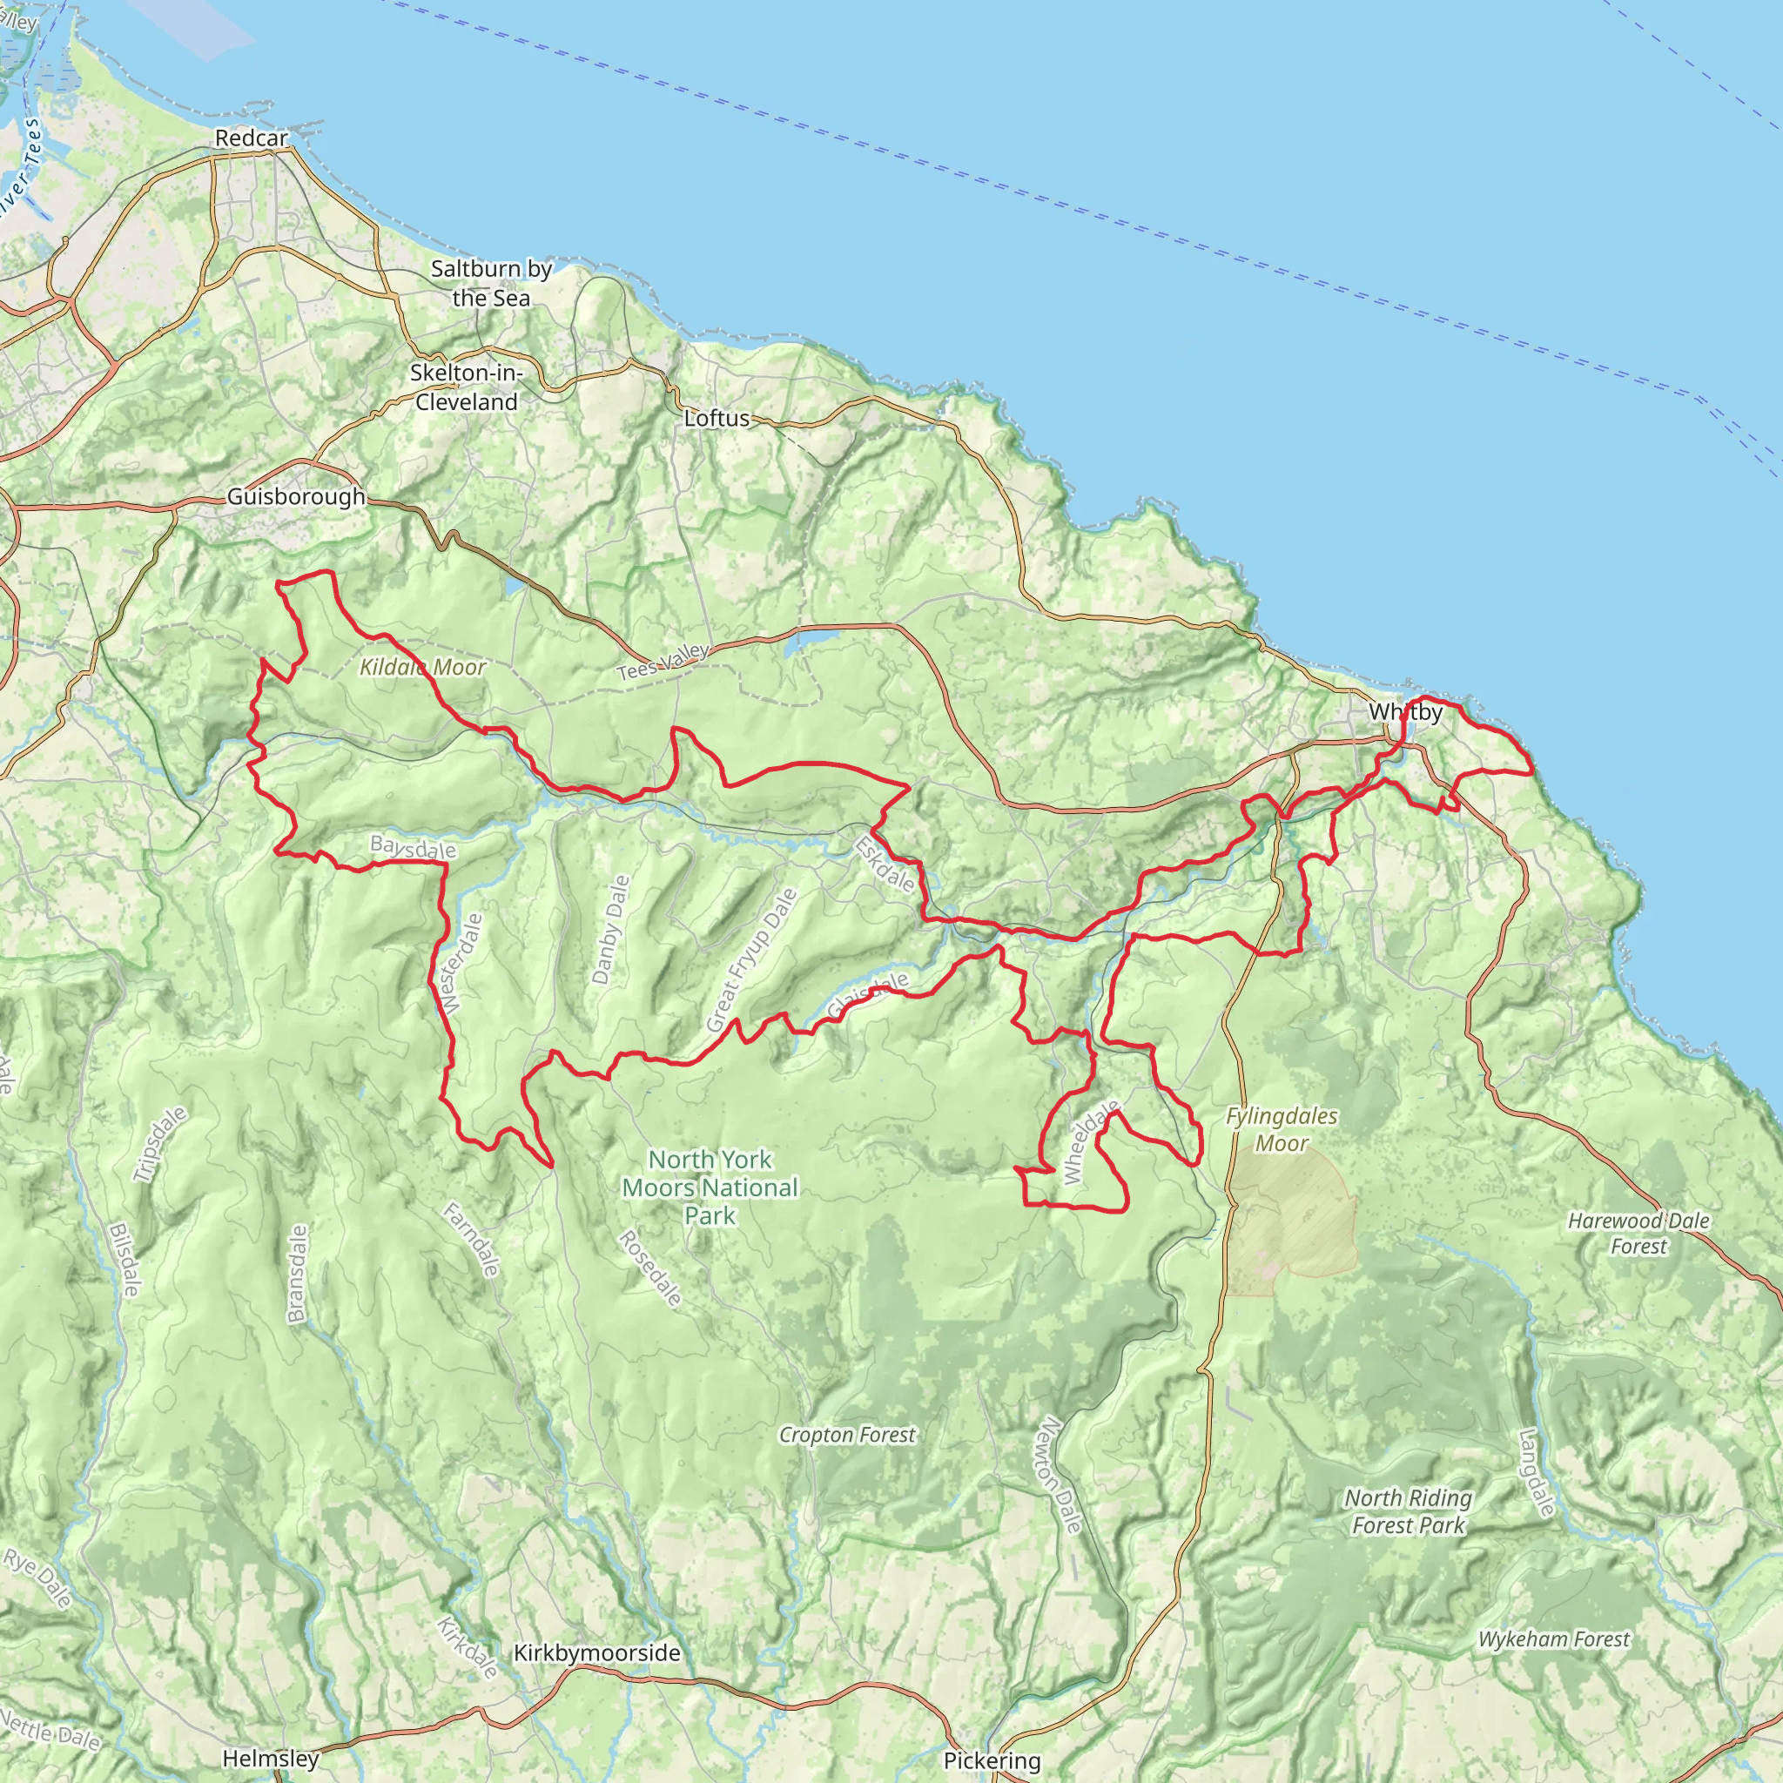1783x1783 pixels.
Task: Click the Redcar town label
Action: tap(251, 138)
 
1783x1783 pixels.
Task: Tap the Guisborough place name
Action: tap(296, 496)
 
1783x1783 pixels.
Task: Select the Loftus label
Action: tap(717, 418)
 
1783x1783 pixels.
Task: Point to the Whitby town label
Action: tap(1404, 711)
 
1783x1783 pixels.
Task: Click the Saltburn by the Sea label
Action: tap(491, 283)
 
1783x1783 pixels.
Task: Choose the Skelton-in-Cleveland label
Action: tap(466, 387)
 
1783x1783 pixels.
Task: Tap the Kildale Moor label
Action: tap(422, 666)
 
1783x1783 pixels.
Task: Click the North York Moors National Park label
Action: tap(710, 1187)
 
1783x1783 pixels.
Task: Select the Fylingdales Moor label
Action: tap(1281, 1129)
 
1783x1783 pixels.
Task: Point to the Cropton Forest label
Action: tap(847, 1434)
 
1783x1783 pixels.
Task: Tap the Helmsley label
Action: tap(271, 1758)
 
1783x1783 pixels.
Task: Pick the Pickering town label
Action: tap(992, 1761)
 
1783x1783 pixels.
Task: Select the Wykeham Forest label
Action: tap(1554, 1639)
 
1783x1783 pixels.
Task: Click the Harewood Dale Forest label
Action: tap(1639, 1233)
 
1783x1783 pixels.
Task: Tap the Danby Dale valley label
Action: tap(610, 929)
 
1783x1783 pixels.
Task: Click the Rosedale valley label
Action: tap(649, 1268)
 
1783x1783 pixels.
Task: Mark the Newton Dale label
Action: tap(1058, 1476)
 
